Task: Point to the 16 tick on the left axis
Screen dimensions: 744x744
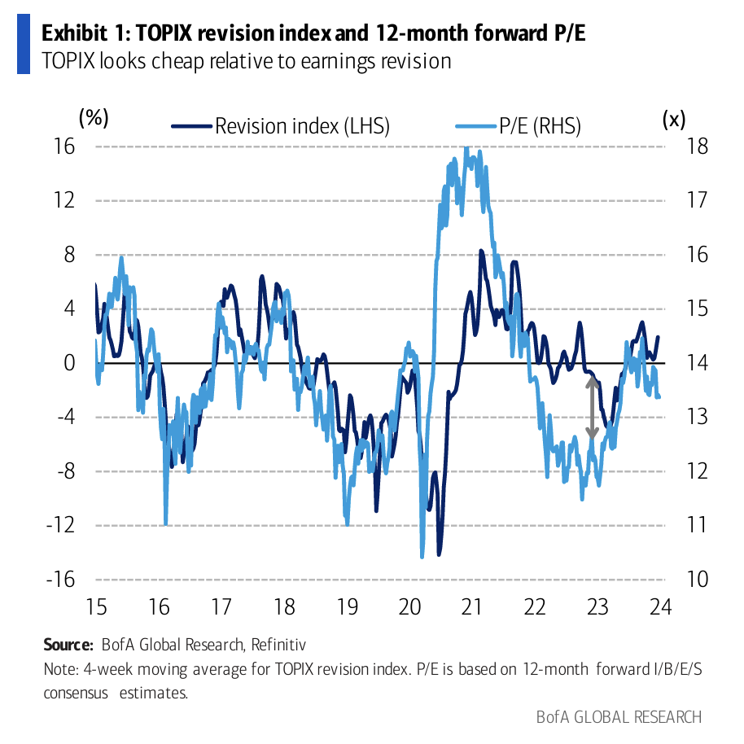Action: coord(64,147)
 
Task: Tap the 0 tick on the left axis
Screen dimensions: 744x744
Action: coord(69,363)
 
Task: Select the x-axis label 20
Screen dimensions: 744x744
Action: coord(410,607)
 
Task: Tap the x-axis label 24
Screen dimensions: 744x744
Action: coord(659,607)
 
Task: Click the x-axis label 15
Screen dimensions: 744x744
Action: coord(96,607)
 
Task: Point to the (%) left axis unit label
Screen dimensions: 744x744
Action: coord(94,117)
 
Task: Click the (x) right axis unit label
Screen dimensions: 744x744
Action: coord(674,119)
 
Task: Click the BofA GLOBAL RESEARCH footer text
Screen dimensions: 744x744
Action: coord(619,717)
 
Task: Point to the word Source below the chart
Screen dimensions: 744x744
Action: coord(68,646)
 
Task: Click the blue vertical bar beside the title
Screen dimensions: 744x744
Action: coord(23,46)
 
